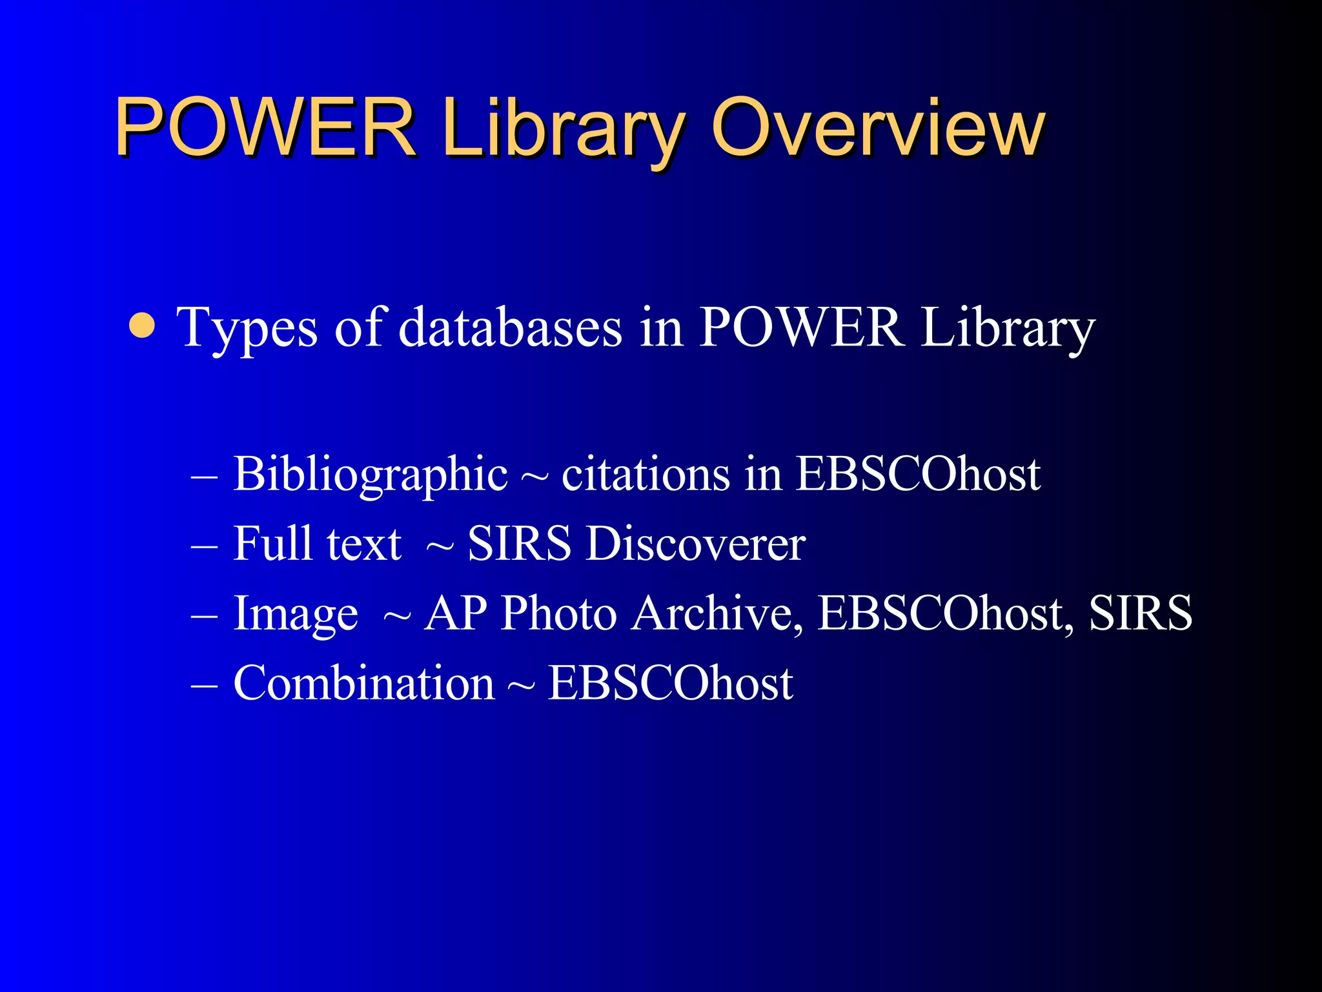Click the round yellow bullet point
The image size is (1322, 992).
142,326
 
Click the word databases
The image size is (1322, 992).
510,328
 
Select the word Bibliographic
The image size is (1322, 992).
371,475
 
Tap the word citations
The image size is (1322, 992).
646,475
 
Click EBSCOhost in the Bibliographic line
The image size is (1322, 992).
917,475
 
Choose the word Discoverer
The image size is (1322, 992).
696,544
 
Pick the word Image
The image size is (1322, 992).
296,614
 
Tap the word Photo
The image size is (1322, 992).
559,614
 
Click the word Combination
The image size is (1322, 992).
363,683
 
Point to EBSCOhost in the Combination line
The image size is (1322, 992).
670,683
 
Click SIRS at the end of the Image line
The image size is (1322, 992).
1140,614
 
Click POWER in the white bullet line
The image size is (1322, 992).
800,328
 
